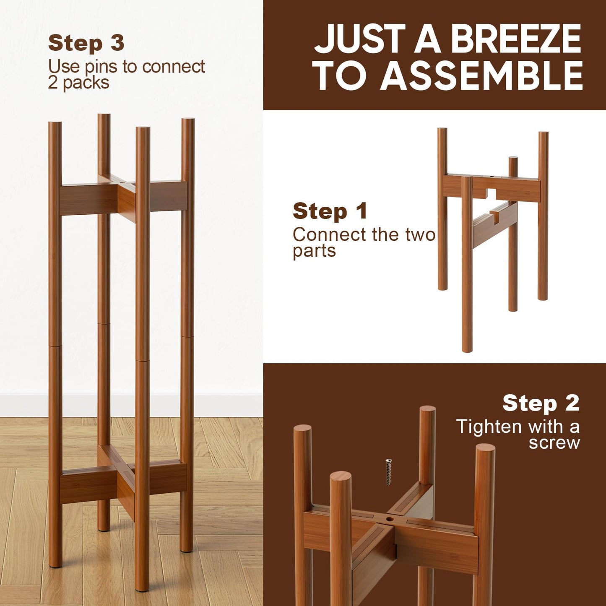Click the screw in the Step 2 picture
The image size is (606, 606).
tap(389, 472)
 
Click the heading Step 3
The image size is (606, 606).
tap(86, 43)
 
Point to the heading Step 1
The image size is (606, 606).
tap(330, 211)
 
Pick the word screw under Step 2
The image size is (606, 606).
tap(554, 443)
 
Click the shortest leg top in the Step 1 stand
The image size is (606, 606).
tap(513, 160)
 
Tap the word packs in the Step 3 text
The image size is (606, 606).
tap(86, 83)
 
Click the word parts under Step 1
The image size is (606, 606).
tap(314, 251)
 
